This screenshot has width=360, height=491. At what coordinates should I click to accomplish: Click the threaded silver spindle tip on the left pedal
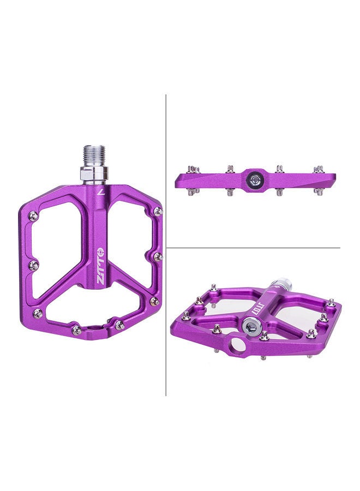(x=93, y=154)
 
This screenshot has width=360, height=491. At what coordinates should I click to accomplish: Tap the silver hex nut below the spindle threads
(x=93, y=175)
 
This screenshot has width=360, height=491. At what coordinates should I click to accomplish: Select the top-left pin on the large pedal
(x=34, y=216)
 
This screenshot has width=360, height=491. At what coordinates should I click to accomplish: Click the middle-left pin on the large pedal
(x=33, y=265)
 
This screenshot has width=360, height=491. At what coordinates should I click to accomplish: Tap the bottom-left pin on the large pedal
(x=38, y=313)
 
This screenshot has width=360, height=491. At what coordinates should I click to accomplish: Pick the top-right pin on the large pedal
(x=158, y=211)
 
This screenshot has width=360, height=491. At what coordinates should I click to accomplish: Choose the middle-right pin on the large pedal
(x=157, y=256)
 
